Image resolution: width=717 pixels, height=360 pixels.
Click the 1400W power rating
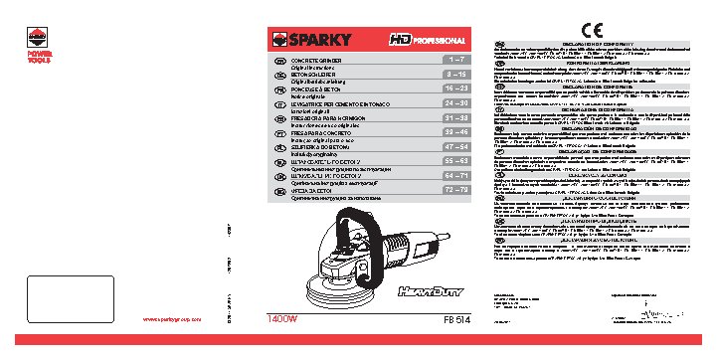click(x=283, y=319)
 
